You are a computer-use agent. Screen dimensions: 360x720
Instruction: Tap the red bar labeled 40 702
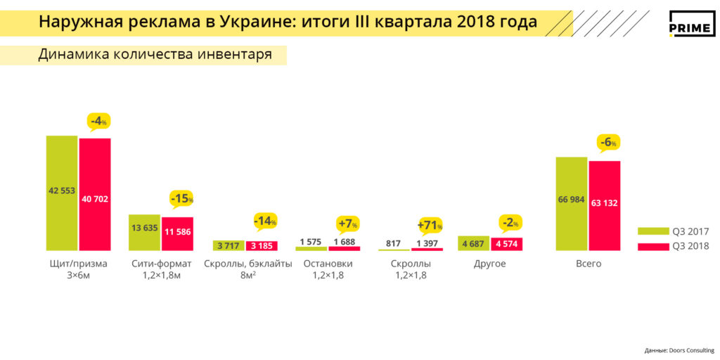tap(95, 194)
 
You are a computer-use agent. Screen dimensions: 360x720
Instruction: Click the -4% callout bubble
tap(99, 121)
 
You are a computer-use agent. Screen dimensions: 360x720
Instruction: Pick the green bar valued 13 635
tap(144, 232)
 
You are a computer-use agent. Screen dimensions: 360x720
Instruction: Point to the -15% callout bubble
tap(181, 199)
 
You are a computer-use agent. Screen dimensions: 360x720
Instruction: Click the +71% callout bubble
tap(430, 225)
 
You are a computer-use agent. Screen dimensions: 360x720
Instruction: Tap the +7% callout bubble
tap(348, 224)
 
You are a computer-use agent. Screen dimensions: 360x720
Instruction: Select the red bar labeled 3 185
tap(262, 246)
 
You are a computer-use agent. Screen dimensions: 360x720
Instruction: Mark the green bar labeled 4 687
tap(473, 243)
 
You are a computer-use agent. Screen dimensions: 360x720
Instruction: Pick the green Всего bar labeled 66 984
tap(571, 203)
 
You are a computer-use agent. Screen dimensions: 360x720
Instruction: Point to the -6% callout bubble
tap(608, 143)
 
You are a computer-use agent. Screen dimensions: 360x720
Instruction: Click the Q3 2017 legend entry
tap(673, 231)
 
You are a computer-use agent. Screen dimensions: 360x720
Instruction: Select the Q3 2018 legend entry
tap(673, 246)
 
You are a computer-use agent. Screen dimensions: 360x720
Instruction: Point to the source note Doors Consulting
tap(679, 350)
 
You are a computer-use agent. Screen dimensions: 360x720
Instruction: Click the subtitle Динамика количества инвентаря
tap(155, 55)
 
